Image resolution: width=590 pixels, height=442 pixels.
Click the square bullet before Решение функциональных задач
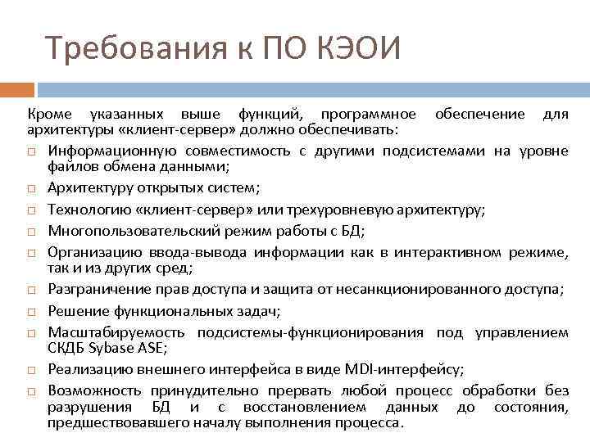point(30,310)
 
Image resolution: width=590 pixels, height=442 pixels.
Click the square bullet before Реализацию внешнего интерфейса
point(30,369)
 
